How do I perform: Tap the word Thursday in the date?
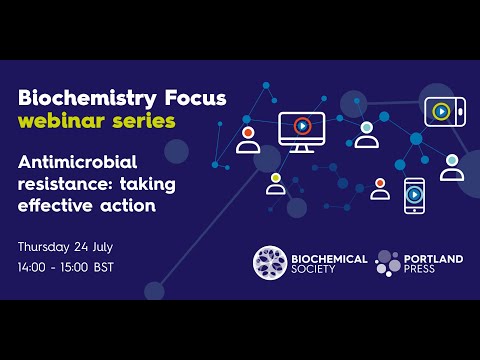[x=47, y=246]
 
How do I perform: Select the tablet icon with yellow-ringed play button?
[x=440, y=111]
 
